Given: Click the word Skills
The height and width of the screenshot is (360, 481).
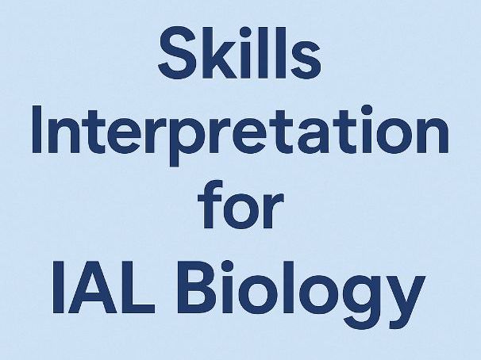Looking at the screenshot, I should [x=240, y=52].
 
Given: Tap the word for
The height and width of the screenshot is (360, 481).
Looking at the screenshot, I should [x=240, y=210].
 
